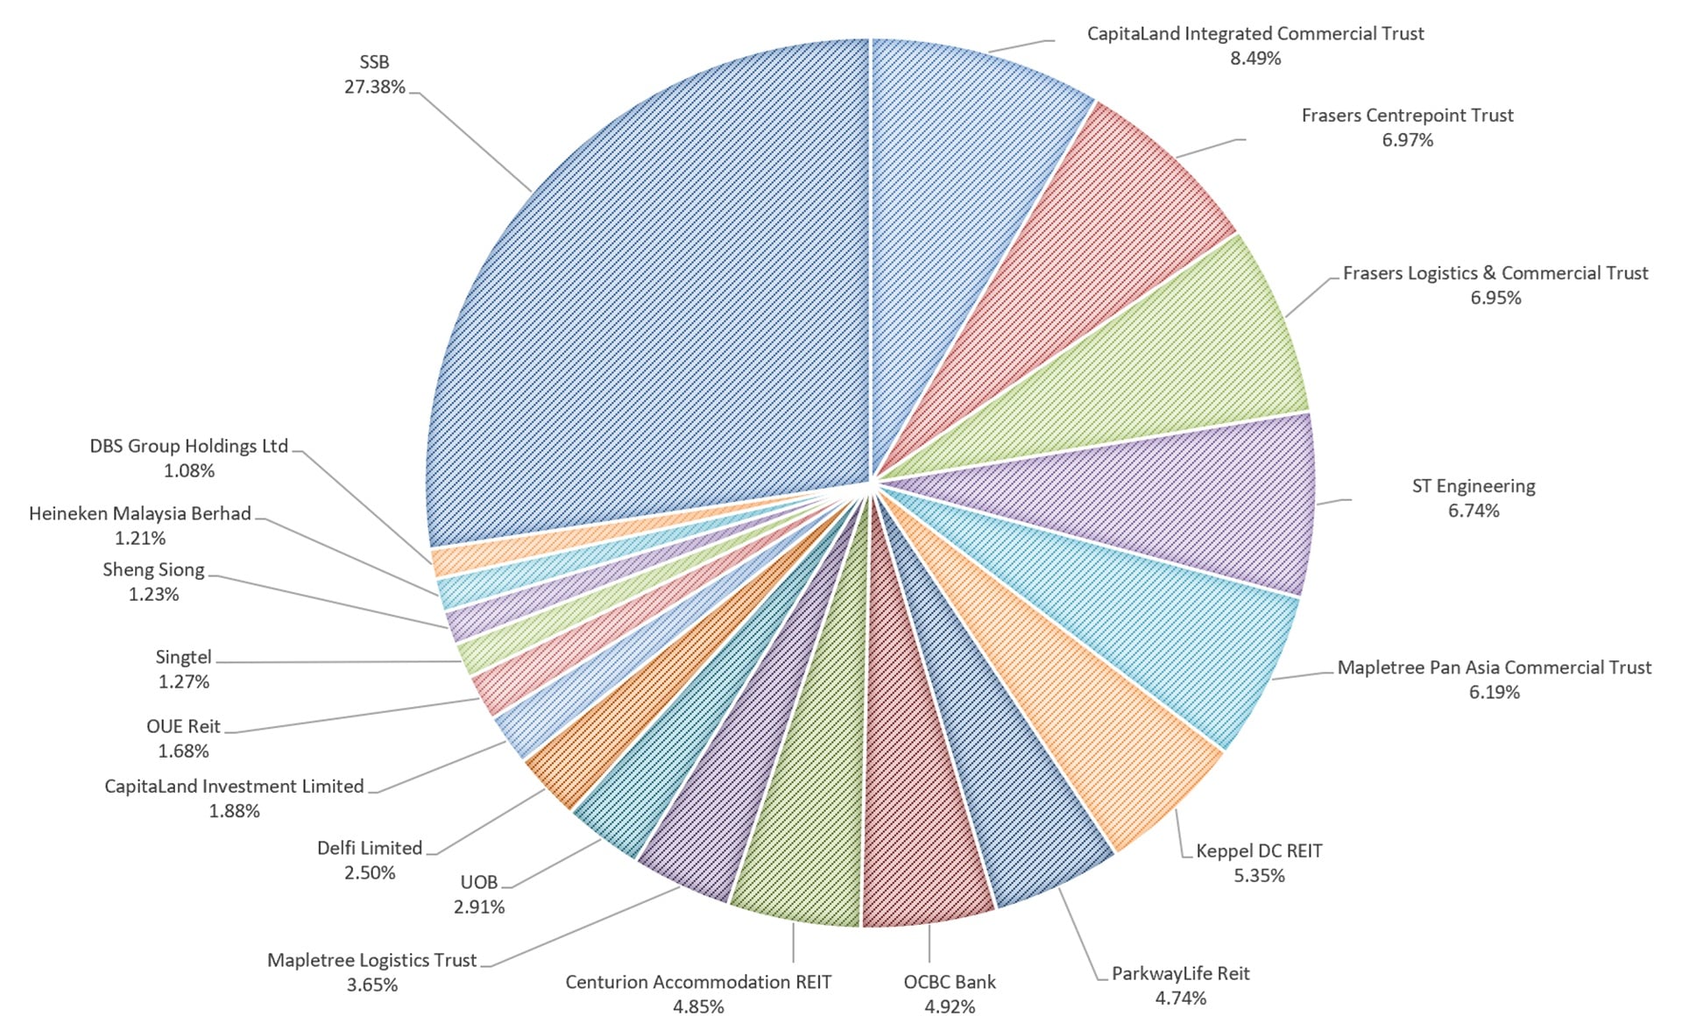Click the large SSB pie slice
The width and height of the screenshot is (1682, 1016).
point(666,289)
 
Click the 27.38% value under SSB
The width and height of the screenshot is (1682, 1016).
point(375,87)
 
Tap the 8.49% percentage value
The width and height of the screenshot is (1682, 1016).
point(1255,59)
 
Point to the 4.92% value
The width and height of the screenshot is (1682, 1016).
point(950,1006)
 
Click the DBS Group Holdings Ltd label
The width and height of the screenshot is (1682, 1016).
point(189,446)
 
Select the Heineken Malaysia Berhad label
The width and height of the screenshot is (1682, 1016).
point(140,513)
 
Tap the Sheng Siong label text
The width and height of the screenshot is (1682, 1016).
point(153,569)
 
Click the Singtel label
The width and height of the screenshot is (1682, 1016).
point(184,657)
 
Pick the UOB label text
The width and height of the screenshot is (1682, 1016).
point(479,882)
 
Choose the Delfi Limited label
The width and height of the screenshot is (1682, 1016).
point(370,848)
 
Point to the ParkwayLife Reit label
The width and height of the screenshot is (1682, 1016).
point(1181,973)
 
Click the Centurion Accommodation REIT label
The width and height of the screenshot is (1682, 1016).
point(698,982)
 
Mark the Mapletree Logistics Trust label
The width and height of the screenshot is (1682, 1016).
point(372,960)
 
